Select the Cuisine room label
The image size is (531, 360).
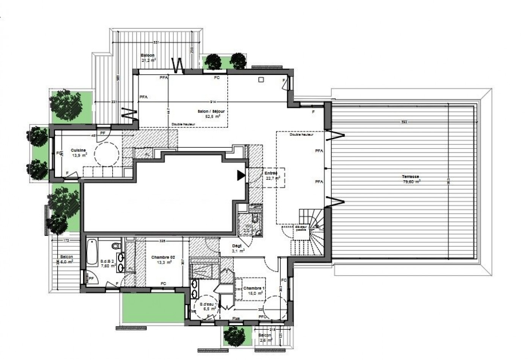(79, 150)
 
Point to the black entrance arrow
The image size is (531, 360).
(241, 175)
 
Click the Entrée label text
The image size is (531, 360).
(271, 173)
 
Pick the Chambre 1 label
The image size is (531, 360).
(254, 288)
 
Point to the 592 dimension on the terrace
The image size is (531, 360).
(405, 122)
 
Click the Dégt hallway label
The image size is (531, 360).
(237, 246)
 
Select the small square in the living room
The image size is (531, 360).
(261, 80)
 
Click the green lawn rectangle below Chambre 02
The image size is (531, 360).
(152, 307)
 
